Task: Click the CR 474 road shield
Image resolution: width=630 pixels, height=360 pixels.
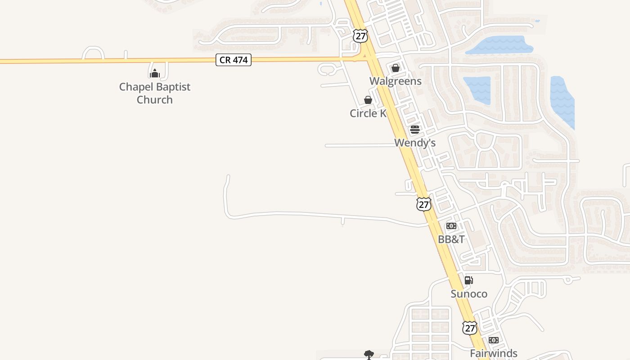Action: pos(233,60)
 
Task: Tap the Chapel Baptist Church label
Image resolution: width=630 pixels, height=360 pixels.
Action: pos(155,93)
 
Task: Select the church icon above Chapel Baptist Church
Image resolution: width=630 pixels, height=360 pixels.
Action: pos(155,73)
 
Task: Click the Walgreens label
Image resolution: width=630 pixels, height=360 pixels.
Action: pos(396,81)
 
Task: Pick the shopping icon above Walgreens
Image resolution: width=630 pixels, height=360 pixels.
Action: pos(396,68)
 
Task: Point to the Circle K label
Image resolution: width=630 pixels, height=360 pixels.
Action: pos(368,113)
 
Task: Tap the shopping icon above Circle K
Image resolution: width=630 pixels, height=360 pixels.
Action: pos(368,100)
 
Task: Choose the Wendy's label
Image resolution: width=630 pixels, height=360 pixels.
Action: pos(415,143)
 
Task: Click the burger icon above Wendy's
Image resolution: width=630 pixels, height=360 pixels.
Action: pos(415,130)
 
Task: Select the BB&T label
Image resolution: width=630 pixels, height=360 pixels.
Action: pos(451,239)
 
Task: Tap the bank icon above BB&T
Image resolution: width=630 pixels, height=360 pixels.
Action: pos(451,226)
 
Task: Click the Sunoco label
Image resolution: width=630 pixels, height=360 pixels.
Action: pos(469,294)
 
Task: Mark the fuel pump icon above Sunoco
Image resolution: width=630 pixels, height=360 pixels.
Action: pos(469,280)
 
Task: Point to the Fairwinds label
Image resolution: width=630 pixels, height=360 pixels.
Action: pos(494,353)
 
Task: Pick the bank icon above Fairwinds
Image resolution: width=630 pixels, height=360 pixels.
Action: pos(494,340)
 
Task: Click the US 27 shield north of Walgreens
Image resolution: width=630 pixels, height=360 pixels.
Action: pos(360,36)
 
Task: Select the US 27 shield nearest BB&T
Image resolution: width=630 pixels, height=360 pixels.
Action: pos(423,204)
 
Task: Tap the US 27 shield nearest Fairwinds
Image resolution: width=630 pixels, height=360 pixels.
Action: pos(469,328)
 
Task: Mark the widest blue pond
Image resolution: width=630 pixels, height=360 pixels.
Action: pos(499,45)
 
